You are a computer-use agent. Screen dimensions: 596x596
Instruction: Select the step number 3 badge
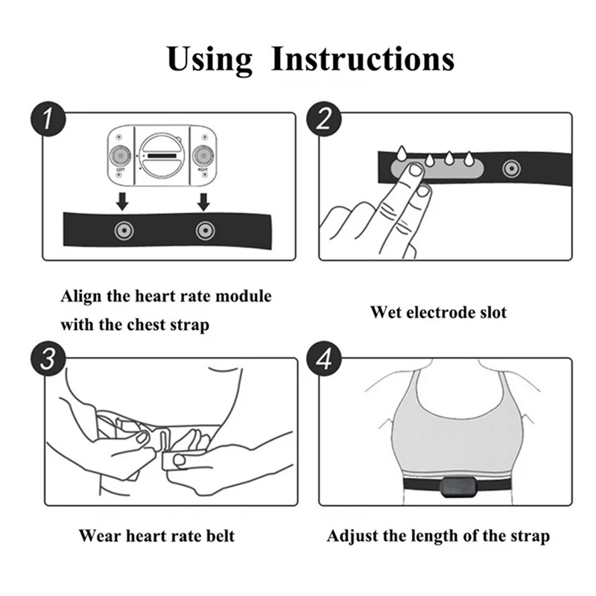(48, 359)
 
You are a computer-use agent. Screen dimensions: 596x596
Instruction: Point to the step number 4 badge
(324, 359)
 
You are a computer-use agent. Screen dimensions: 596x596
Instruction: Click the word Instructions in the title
(362, 58)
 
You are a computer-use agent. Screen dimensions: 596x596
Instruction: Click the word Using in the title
(209, 58)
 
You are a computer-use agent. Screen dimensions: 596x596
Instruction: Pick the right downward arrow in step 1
(202, 200)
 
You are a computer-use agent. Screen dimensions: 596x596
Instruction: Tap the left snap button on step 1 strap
(121, 230)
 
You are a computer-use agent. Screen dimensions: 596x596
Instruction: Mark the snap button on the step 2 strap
(510, 168)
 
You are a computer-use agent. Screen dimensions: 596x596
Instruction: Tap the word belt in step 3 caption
(221, 536)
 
